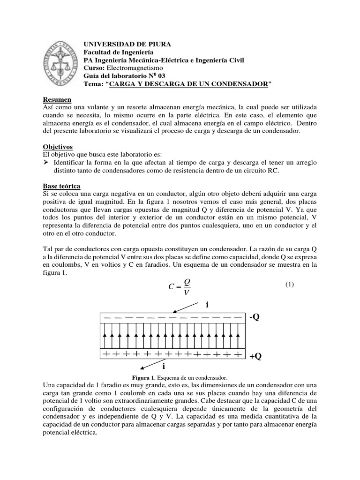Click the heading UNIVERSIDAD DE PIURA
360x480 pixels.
point(127,44)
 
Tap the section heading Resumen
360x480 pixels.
point(57,100)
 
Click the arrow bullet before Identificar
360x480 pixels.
point(46,163)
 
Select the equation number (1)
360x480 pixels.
point(289,285)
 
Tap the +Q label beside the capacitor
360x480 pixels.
point(255,357)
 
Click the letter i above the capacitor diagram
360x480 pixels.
point(207,305)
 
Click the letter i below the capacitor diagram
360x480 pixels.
point(164,366)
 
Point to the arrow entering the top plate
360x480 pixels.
point(186,307)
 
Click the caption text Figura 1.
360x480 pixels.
point(143,377)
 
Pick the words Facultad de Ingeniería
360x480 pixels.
point(118,52)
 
